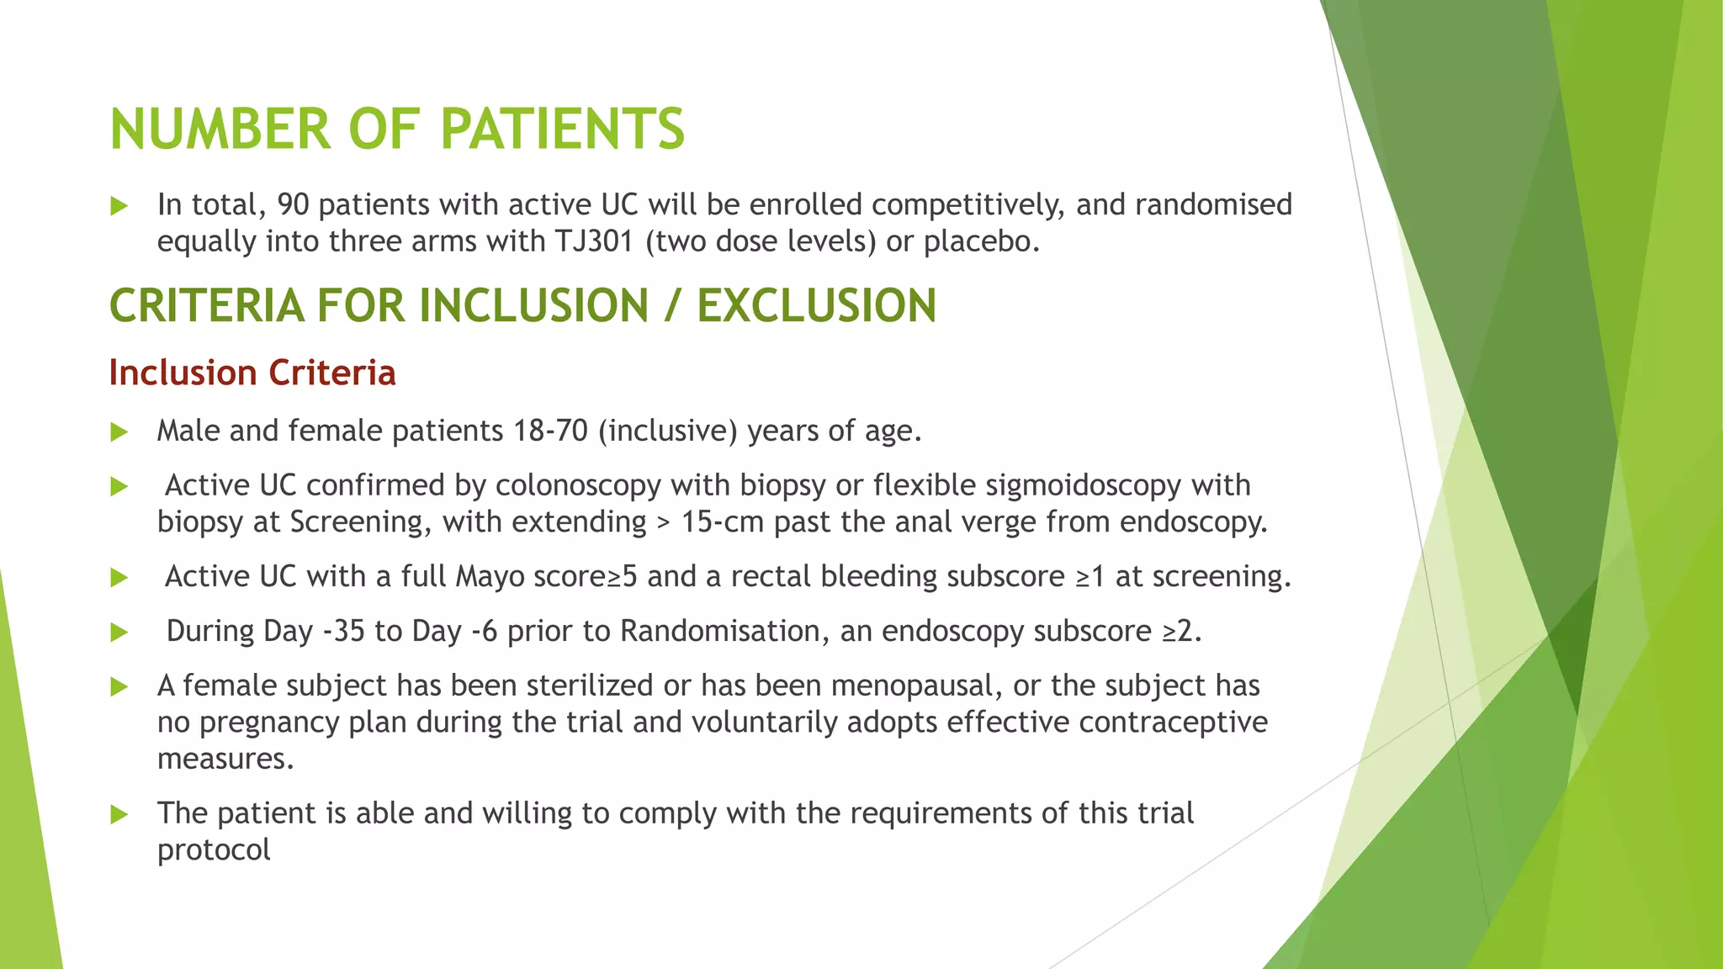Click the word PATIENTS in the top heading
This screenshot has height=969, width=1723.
(x=562, y=130)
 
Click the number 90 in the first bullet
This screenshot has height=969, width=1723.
(x=294, y=205)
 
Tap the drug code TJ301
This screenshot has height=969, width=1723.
(x=593, y=242)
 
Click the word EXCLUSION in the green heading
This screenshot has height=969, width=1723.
(x=816, y=305)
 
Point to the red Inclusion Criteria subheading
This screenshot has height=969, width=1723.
(x=252, y=373)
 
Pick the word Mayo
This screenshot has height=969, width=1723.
(x=490, y=577)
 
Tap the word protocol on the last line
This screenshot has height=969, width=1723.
(x=214, y=850)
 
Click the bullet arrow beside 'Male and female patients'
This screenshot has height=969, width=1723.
(x=119, y=432)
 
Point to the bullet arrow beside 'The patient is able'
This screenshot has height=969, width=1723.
(x=119, y=814)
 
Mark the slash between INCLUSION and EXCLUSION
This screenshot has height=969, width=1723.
(x=671, y=305)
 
